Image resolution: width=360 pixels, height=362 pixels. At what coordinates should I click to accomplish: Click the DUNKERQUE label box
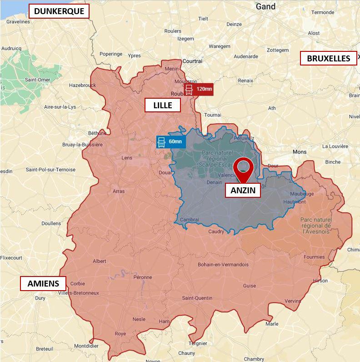coord(59,11)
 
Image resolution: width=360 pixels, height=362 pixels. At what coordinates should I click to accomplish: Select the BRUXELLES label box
coord(328,58)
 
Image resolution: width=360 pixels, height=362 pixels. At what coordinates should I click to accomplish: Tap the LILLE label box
coord(163,106)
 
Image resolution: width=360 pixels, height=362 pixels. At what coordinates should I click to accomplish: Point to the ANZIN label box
coord(243,191)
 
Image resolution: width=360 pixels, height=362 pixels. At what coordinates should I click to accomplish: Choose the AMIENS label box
coord(43,284)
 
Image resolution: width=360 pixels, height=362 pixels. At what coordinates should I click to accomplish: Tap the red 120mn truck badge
coord(198,89)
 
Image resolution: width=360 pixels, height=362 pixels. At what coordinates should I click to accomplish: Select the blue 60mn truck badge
coord(170,142)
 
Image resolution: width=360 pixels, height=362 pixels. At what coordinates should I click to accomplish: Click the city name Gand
coord(265,7)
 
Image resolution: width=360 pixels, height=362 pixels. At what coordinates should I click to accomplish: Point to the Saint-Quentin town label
coord(197,298)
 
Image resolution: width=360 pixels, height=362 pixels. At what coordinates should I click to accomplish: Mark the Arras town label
coord(118,191)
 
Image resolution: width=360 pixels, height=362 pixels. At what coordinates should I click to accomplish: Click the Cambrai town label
coord(190,220)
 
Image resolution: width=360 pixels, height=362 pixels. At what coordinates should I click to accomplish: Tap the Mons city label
coord(299,152)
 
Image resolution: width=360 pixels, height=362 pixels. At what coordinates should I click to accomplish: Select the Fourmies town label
coord(314,257)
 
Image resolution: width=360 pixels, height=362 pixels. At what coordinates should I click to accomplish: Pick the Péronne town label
coord(143,277)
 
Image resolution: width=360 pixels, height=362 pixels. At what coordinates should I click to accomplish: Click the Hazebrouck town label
coord(82,85)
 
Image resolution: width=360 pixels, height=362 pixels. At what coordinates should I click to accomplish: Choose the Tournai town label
coord(213,115)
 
